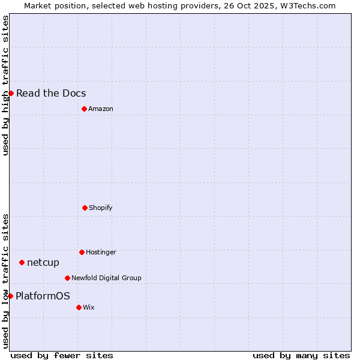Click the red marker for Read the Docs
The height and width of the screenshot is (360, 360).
pos(11,93)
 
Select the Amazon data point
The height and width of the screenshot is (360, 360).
pos(84,109)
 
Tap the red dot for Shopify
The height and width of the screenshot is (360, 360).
pos(85,208)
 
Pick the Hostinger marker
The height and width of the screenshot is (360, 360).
pos(82,252)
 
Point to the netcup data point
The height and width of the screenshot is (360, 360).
pos(22,262)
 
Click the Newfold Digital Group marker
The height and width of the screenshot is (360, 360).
pos(67,278)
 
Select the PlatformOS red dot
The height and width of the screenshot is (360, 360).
pos(10,296)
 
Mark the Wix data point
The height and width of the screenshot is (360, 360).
pos(79,307)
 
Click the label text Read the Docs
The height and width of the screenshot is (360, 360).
pos(51,93)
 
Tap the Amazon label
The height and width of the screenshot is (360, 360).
pos(101,109)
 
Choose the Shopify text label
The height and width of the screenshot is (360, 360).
pos(101,208)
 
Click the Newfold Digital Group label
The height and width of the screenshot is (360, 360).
pos(106,278)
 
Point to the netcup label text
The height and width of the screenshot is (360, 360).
pos(43,262)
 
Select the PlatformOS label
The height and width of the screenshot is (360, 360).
pos(43,296)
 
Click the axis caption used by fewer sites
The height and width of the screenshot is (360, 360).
pos(62,355)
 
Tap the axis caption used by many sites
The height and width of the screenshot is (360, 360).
pos(301,355)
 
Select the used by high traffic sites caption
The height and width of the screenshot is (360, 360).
pos(5,85)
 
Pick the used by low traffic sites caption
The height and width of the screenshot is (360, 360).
pos(5,281)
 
